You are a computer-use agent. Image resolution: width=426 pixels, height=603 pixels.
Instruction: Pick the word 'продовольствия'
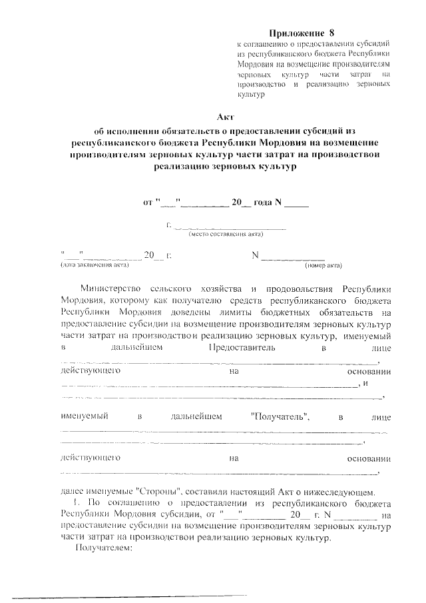297,289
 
